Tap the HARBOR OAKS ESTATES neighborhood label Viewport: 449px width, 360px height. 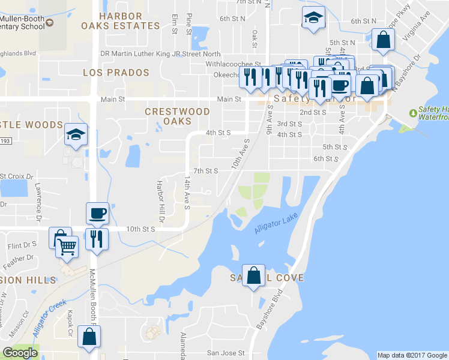[121, 21]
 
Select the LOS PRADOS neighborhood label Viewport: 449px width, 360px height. [116, 73]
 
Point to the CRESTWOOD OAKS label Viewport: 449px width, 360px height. [178, 116]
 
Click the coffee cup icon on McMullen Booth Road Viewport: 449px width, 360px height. [97, 212]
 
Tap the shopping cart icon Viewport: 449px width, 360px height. [67, 246]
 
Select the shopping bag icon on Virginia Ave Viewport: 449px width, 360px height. [383, 40]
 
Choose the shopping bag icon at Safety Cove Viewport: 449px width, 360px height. [254, 275]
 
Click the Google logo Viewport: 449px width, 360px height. [20, 353]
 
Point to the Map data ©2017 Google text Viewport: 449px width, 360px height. [412, 355]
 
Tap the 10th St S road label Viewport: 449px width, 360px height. [141, 229]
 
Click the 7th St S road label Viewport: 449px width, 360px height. [204, 171]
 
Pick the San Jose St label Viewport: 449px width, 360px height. [226, 353]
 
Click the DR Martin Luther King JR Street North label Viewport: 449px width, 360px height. [160, 54]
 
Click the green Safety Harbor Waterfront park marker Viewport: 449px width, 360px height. [413, 113]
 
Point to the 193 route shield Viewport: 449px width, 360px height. [4, 140]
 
